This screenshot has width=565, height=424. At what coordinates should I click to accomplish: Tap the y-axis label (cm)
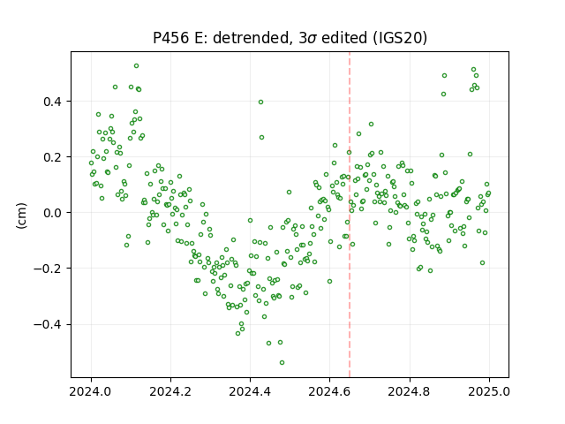point(21,216)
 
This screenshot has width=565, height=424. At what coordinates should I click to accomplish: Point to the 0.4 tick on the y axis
point(52,102)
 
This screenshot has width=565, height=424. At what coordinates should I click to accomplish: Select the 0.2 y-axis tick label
point(52,157)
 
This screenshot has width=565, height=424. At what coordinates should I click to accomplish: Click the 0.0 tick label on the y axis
point(52,213)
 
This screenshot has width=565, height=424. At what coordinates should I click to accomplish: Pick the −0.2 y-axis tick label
point(48,269)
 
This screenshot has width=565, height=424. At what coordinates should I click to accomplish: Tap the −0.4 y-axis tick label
point(48,324)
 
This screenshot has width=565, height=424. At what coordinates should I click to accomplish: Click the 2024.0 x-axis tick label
point(91,391)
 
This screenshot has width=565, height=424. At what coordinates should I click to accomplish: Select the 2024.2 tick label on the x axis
point(170,391)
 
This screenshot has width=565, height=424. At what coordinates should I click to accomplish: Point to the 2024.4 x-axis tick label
point(250,391)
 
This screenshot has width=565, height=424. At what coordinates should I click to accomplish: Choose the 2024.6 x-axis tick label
point(329,391)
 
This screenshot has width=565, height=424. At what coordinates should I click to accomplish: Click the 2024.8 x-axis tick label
point(410,391)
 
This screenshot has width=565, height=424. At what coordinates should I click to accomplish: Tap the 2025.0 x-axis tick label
point(489,391)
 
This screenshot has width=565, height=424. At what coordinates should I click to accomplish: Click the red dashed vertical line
point(350,215)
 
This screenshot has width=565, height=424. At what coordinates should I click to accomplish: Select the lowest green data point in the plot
point(282,362)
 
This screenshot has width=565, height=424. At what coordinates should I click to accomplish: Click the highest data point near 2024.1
point(136,66)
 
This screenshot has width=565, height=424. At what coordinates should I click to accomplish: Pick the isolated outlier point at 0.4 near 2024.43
point(261,102)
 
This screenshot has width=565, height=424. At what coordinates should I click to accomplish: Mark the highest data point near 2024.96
point(473,70)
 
